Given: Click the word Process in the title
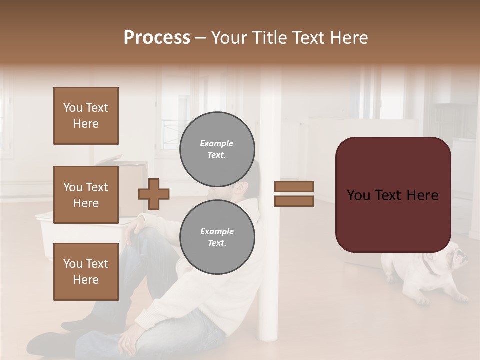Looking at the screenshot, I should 157,38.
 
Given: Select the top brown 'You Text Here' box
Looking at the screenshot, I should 86,116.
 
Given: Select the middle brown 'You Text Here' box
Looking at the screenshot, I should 86,195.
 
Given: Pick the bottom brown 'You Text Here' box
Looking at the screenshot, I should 86,272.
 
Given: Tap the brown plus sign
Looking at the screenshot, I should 154,194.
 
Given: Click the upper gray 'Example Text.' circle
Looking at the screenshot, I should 217,149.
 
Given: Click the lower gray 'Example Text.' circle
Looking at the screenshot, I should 217,237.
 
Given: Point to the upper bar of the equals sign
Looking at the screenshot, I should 294,186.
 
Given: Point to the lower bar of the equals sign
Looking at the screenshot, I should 294,201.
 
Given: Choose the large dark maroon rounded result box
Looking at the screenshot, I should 393,195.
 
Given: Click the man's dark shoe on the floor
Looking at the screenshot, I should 50,342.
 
